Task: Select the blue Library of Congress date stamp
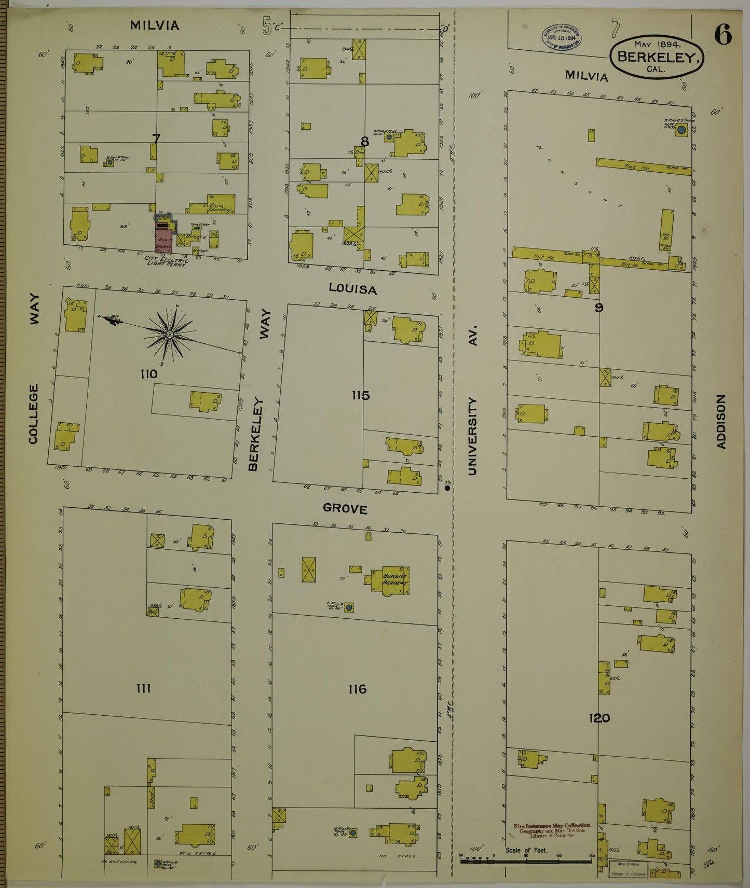(x=562, y=37)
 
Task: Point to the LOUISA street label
(x=352, y=289)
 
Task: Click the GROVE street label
(x=345, y=509)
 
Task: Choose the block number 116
(x=358, y=689)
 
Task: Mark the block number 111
(x=143, y=688)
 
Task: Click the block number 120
(x=599, y=718)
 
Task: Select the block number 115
(x=360, y=396)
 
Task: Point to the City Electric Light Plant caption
(x=167, y=260)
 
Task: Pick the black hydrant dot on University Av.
(x=447, y=488)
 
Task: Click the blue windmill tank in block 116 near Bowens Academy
(x=349, y=607)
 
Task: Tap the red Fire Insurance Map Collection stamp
(x=552, y=830)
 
